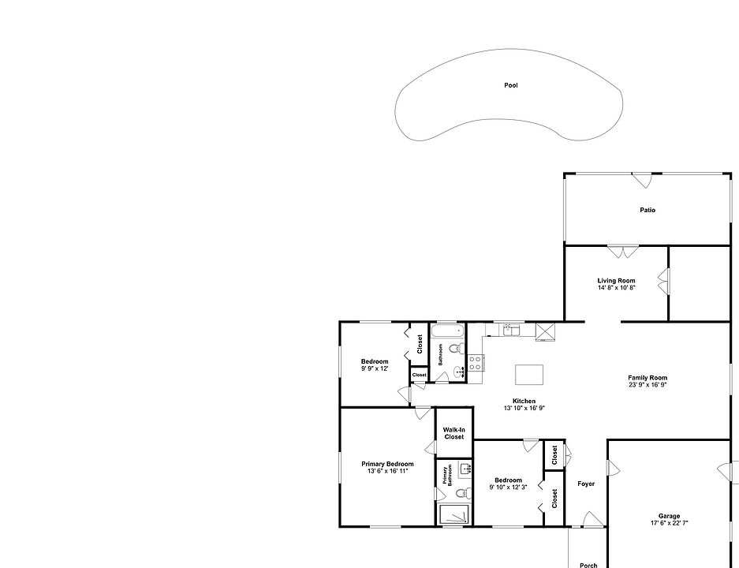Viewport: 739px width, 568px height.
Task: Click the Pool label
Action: pyautogui.click(x=511, y=85)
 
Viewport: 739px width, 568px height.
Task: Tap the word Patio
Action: pyautogui.click(x=648, y=210)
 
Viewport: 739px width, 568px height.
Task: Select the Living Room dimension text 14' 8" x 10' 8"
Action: pyautogui.click(x=616, y=288)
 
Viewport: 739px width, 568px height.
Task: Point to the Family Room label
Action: pyautogui.click(x=648, y=378)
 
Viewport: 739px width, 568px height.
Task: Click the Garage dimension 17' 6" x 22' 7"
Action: pyautogui.click(x=669, y=523)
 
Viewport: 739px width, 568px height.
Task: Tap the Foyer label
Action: pyautogui.click(x=586, y=484)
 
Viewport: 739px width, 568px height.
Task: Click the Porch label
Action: pyautogui.click(x=588, y=565)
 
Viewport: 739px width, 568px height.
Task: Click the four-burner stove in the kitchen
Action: pyautogui.click(x=476, y=363)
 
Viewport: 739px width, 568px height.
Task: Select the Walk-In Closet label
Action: pyautogui.click(x=453, y=433)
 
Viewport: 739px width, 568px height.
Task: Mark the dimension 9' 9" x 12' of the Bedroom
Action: pyautogui.click(x=375, y=368)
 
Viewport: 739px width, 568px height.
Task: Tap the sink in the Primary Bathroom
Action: pyautogui.click(x=465, y=469)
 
